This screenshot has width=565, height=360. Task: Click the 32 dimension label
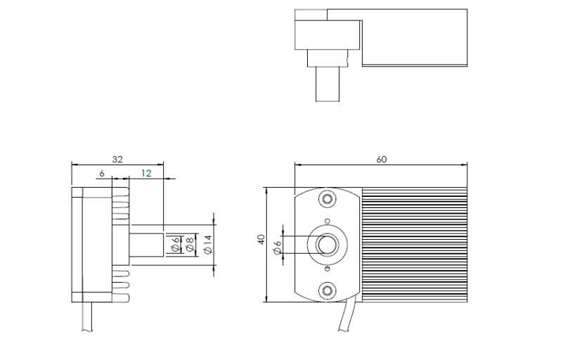click(117, 160)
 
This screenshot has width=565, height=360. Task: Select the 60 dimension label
click(381, 160)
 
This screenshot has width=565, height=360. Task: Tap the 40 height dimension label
click(261, 240)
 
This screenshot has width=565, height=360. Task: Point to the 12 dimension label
click(146, 174)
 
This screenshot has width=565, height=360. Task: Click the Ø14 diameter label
click(208, 245)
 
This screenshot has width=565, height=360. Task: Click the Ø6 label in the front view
click(277, 247)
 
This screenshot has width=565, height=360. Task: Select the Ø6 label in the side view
click(176, 244)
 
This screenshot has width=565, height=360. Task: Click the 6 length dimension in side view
click(102, 174)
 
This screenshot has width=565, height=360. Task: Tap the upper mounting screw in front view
click(327, 199)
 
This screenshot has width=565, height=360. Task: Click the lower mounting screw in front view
click(327, 290)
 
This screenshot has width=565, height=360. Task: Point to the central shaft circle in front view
click(327, 245)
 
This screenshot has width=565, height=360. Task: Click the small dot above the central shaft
click(327, 221)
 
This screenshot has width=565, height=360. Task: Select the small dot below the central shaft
click(327, 269)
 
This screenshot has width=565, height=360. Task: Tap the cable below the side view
click(87, 316)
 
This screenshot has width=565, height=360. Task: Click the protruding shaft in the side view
click(146, 245)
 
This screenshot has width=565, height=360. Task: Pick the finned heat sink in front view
click(415, 245)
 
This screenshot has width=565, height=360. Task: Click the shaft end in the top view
click(327, 84)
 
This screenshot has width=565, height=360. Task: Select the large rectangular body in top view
click(415, 38)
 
